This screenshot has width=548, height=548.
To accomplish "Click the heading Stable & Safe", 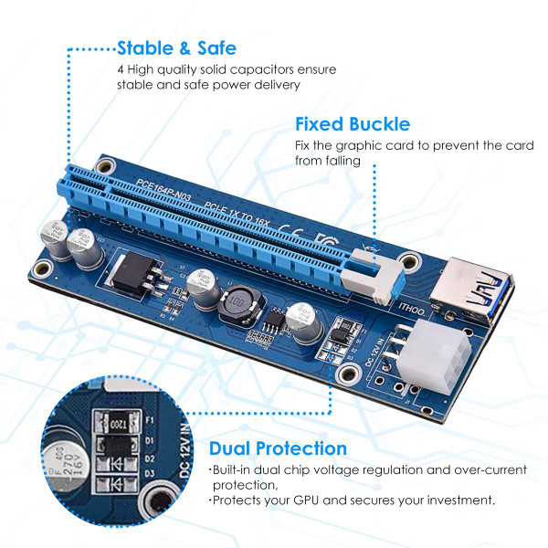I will point(177,48).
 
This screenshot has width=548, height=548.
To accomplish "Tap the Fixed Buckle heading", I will point(352,124).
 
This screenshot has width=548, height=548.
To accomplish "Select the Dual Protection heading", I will point(278,448).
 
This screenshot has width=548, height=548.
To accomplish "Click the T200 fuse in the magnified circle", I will point(116,424).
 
